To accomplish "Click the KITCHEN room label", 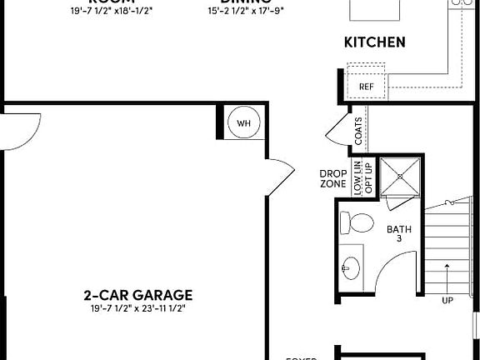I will (374, 42).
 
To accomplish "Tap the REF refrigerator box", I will (366, 87).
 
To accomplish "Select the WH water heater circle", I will (243, 123).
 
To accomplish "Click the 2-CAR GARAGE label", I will (138, 294).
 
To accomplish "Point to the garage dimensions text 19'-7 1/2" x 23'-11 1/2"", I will (138, 308).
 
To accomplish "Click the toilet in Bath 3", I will (359, 223).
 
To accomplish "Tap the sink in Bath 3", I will (352, 268).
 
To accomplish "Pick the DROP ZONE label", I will (332, 178).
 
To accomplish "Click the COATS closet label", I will (358, 131).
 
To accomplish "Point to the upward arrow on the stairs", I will (447, 275).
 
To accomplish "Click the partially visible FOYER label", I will (302, 357).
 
